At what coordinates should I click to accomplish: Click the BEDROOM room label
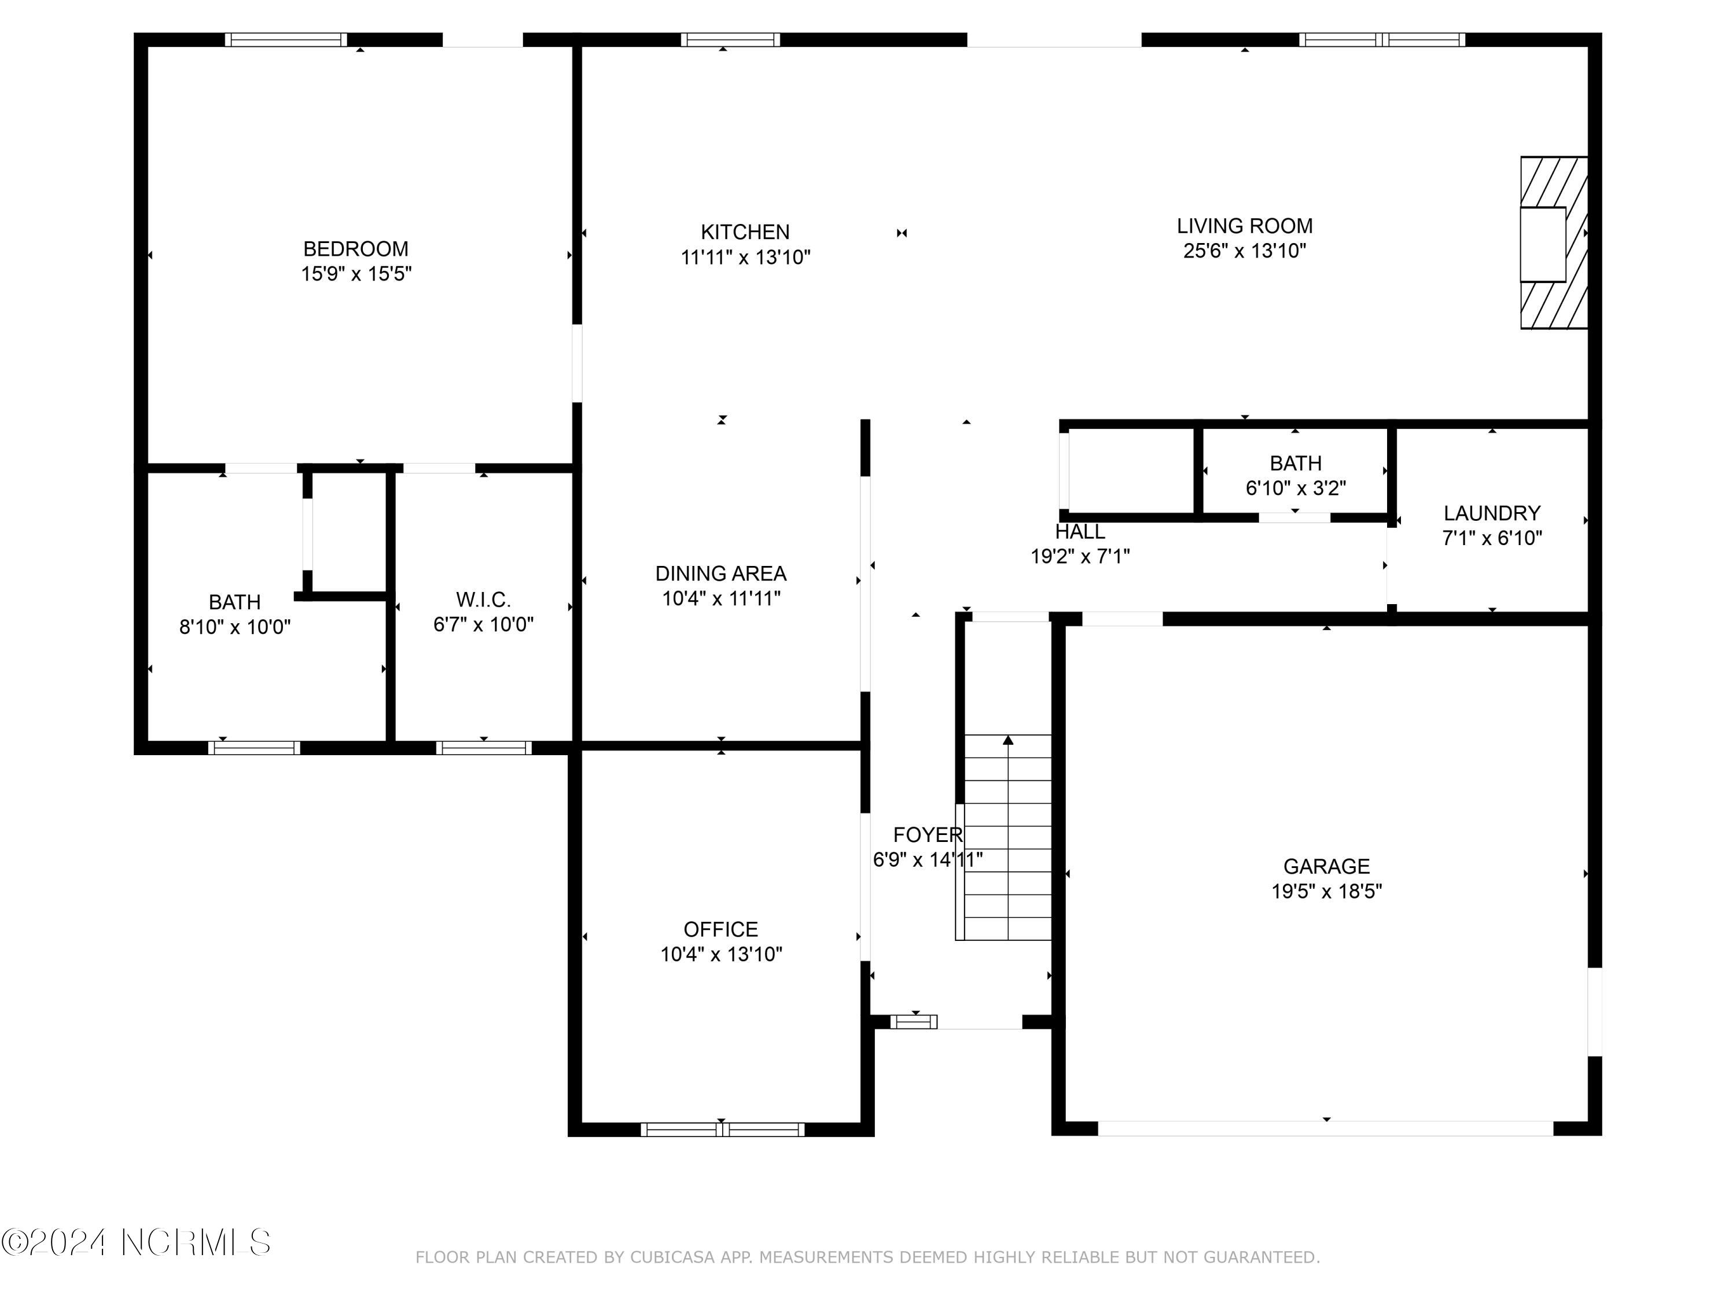pos(355,249)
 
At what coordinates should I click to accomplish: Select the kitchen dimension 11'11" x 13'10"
pos(745,258)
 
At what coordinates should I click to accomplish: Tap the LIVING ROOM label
pos(1244,226)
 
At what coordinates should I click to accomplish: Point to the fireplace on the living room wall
pos(1553,243)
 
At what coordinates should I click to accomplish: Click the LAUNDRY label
pos(1491,513)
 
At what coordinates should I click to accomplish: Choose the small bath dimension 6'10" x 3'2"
pos(1295,488)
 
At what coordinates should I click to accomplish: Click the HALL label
pos(1080,532)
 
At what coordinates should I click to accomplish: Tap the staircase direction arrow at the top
pos(1007,740)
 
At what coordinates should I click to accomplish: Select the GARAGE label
pos(1326,866)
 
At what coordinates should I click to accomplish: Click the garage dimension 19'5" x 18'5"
pos(1326,892)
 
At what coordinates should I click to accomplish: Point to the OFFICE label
pos(720,929)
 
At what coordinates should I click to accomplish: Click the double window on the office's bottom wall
pos(722,1130)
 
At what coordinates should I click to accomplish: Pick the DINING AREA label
pos(720,573)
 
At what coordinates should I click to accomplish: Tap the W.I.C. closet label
pos(483,599)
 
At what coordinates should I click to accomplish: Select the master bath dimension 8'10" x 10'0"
pos(235,627)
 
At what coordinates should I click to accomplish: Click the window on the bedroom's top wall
pos(286,40)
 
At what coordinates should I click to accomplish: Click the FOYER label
pos(927,835)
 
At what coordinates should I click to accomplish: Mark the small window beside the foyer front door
pos(914,1022)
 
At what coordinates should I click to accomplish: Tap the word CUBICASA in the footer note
pos(672,1257)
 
